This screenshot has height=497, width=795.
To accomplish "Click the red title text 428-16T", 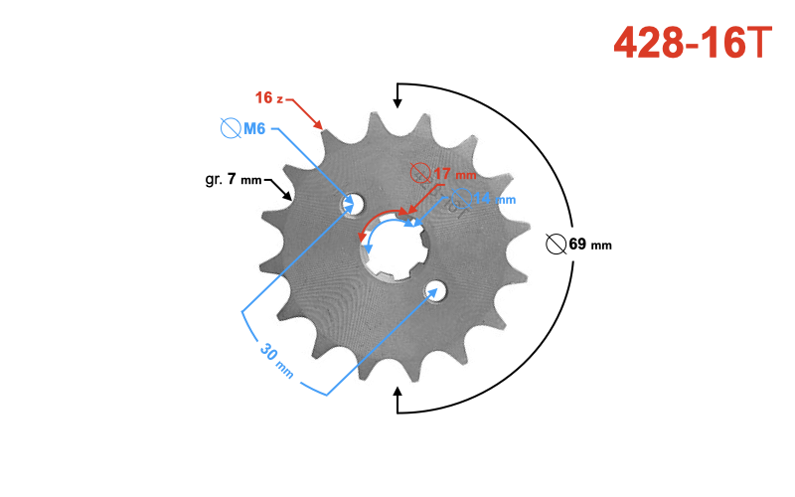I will pos(692,42).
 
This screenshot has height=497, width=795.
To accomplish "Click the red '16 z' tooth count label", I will pos(268,97).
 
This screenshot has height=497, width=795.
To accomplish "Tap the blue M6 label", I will pos(253,128).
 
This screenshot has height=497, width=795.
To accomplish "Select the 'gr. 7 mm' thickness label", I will pos(230,180).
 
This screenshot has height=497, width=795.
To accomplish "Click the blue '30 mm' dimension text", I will pos(277,359).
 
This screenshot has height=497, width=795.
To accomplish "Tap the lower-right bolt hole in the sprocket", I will pos(435,290).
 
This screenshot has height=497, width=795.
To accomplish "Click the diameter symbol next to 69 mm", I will pos(556,244).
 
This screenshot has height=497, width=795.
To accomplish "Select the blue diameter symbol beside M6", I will pos(230,128).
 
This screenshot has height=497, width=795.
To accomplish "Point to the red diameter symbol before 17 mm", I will pos(420,174).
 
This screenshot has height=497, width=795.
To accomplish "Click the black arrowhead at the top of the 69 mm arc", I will pos(398,97).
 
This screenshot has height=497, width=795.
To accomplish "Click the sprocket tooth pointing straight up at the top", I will pos(394,120).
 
